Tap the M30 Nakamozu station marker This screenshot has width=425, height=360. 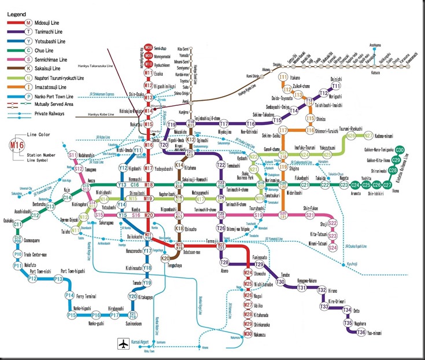[247, 333]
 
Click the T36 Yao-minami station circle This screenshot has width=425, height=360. [361, 332]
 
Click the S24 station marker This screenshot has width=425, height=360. [332, 248]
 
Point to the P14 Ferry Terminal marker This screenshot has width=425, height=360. [69, 296]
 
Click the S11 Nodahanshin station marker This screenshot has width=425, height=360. [73, 155]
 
